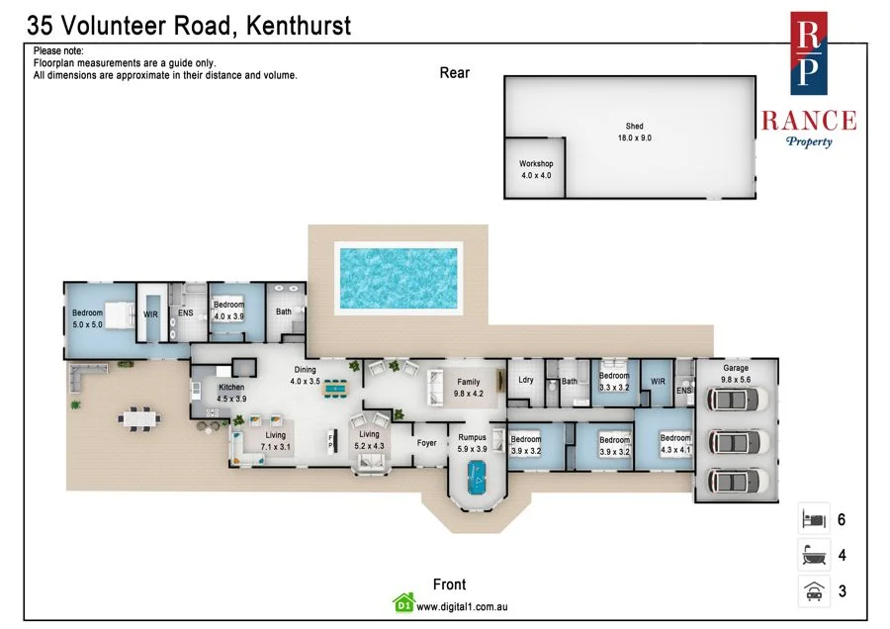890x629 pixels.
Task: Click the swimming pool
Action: coord(400,275)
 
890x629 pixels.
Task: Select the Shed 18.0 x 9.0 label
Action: coord(634,133)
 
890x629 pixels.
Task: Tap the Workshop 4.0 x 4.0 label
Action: coord(536,169)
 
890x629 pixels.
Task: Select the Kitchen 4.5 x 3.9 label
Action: coord(231,393)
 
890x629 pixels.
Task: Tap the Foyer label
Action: coord(426,443)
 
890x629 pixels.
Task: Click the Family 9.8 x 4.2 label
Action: coord(468,387)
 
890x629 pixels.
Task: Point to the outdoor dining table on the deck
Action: coord(136,417)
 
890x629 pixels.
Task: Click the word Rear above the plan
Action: coord(455,72)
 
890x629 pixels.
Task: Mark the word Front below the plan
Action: coord(449,584)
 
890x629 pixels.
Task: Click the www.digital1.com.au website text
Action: coord(462,606)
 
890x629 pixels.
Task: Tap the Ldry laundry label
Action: coord(526,380)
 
